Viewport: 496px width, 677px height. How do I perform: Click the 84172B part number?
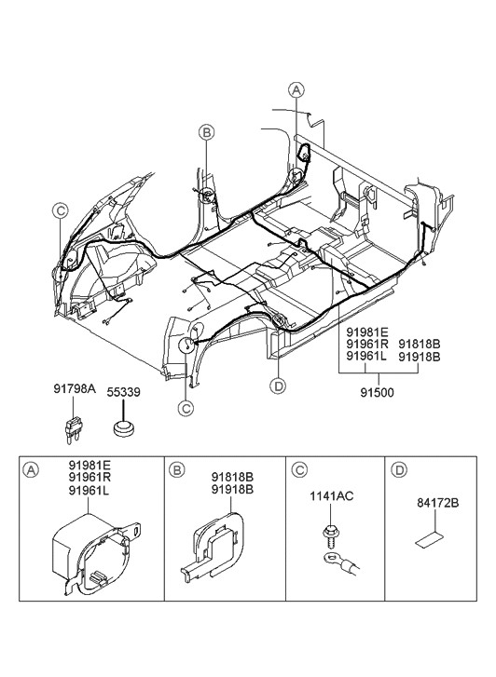434,504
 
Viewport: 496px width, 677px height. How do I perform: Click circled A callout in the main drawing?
296,90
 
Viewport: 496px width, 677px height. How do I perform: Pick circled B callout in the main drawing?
207,133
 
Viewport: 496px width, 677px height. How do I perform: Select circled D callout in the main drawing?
277,385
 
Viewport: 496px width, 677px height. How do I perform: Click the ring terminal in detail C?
327,562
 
